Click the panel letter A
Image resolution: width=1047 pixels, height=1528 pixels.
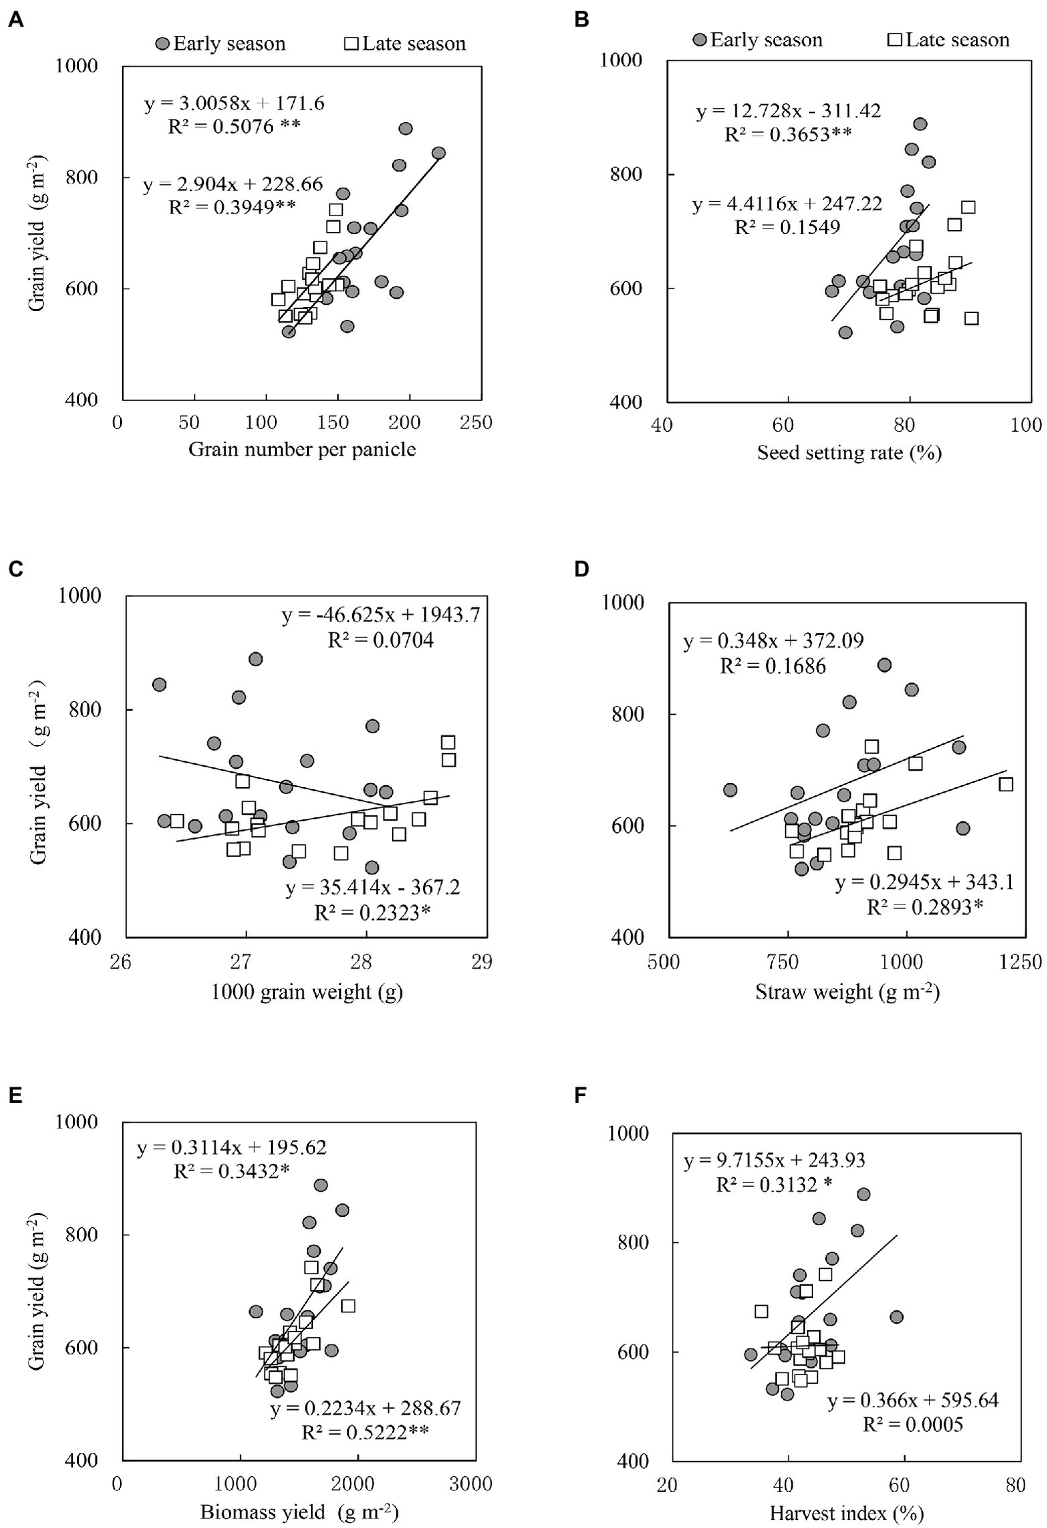[16, 20]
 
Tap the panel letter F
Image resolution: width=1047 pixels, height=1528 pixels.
[581, 1095]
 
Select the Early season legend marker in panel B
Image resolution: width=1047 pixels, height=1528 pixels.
[700, 40]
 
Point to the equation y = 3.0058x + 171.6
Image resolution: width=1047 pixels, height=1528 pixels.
[234, 104]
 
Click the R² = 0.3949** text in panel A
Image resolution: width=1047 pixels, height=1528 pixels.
[232, 207]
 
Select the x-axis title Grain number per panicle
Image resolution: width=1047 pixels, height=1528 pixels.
[302, 450]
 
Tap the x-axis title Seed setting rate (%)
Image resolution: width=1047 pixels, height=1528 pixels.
[849, 453]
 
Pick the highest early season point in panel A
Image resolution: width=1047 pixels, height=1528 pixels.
[406, 129]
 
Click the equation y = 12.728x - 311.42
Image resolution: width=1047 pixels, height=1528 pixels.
[788, 111]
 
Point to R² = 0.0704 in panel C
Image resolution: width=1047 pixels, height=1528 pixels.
[381, 641]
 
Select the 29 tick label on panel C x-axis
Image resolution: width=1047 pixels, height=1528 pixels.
[482, 962]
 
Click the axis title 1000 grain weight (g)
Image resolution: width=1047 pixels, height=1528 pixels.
[306, 991]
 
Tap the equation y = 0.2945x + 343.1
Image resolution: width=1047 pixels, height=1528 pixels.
[924, 883]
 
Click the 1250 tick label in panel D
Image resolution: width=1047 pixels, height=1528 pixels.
[1022, 962]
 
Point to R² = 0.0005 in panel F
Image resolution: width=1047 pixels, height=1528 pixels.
[913, 1425]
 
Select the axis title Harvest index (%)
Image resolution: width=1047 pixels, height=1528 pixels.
[846, 1513]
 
